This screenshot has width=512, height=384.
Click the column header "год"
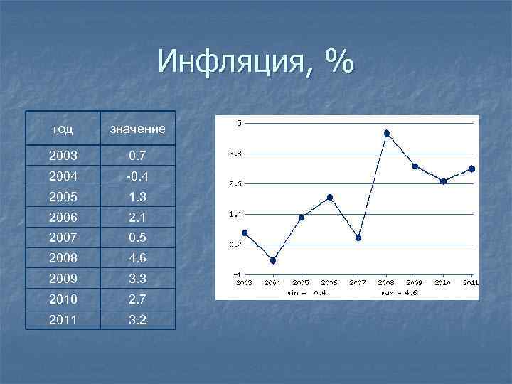pos(63,129)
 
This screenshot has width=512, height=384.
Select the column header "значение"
pos(137,129)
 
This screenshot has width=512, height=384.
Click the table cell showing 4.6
pos(137,257)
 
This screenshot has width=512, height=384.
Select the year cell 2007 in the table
pos(63,237)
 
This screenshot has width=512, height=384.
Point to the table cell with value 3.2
pos(137,319)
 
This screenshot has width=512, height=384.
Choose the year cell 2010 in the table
pos(63,299)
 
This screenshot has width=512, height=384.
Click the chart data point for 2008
pos(387,133)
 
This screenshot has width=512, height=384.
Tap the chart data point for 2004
pos(273,260)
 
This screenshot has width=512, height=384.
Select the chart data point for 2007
pos(358,238)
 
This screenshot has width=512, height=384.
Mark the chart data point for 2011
pos(471,169)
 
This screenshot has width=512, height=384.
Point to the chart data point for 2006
pos(330,197)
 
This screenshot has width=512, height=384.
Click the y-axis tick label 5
pos(240,123)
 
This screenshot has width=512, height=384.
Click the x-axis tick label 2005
pos(301,282)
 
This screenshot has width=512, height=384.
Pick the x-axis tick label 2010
pos(442,282)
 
